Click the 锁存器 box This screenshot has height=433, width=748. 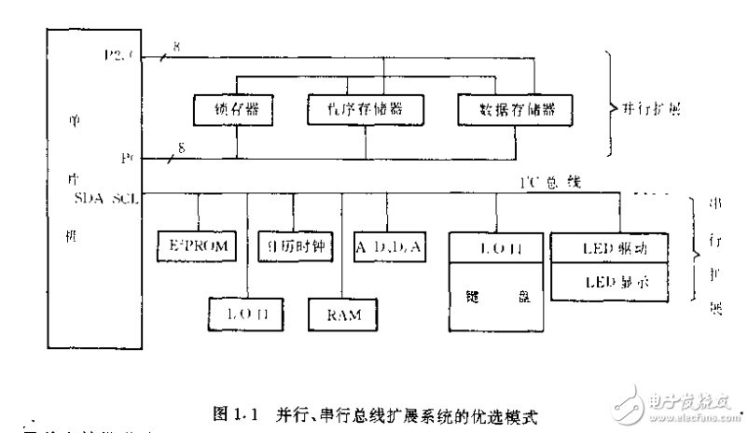click(x=234, y=111)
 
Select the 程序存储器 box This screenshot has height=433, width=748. click(x=365, y=111)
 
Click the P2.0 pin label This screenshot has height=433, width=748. click(x=121, y=56)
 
